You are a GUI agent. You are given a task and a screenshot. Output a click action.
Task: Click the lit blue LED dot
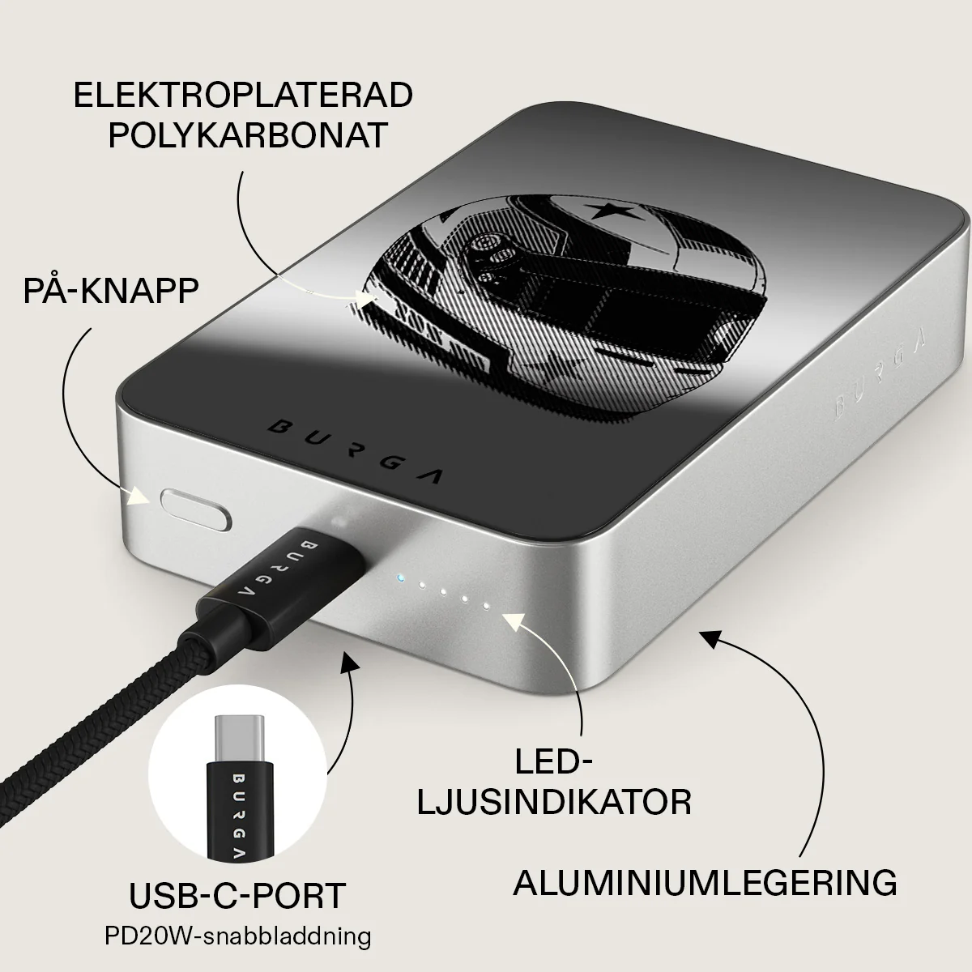pos(400,578)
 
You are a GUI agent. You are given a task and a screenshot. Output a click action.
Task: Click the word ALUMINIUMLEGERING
pos(706,896)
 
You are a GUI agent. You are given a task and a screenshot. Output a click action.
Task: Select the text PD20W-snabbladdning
pos(237,936)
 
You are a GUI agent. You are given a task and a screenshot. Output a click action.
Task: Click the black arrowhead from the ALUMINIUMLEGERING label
pos(710,641)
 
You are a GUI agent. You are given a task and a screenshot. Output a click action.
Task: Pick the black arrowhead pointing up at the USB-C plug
pos(350,663)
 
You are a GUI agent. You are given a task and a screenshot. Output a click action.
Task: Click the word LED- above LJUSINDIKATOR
pos(553,763)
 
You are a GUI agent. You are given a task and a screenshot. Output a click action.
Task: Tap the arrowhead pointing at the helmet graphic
pos(367,300)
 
